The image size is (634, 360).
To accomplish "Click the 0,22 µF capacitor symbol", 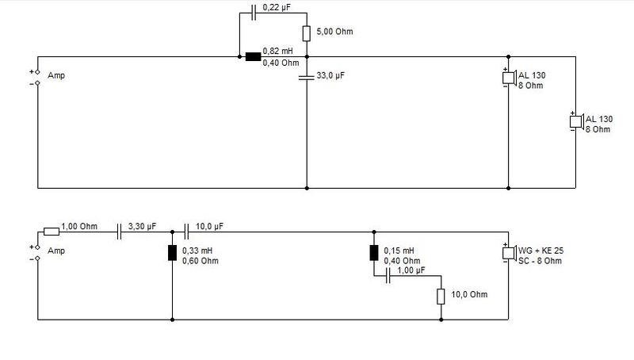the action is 254,13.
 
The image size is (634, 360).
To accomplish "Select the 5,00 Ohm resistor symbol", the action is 307,33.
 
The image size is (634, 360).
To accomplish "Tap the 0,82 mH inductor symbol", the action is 253,56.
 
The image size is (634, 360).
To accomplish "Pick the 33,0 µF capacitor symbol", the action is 307,76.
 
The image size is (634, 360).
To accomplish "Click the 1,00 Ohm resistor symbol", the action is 52,232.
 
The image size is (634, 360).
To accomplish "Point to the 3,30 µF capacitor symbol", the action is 119,232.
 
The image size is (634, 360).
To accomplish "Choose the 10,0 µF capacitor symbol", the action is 186,232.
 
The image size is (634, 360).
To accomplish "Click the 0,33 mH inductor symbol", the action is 172,253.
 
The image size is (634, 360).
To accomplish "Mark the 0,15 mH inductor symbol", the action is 374,253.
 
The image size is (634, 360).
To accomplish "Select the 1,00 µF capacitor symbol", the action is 388,276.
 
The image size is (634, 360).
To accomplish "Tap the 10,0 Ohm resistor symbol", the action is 441,297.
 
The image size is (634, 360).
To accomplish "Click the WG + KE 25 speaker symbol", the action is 509,253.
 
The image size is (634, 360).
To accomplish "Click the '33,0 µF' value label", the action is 330,75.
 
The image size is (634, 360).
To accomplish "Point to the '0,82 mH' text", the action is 278,51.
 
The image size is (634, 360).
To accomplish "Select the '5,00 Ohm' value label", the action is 334,32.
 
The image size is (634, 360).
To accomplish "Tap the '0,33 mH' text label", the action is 197,251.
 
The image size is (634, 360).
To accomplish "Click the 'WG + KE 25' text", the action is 541,251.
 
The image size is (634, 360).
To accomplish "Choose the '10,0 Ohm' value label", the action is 469,294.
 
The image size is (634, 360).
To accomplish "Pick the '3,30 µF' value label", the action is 143,227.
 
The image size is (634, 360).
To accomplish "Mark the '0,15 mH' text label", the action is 399,251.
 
